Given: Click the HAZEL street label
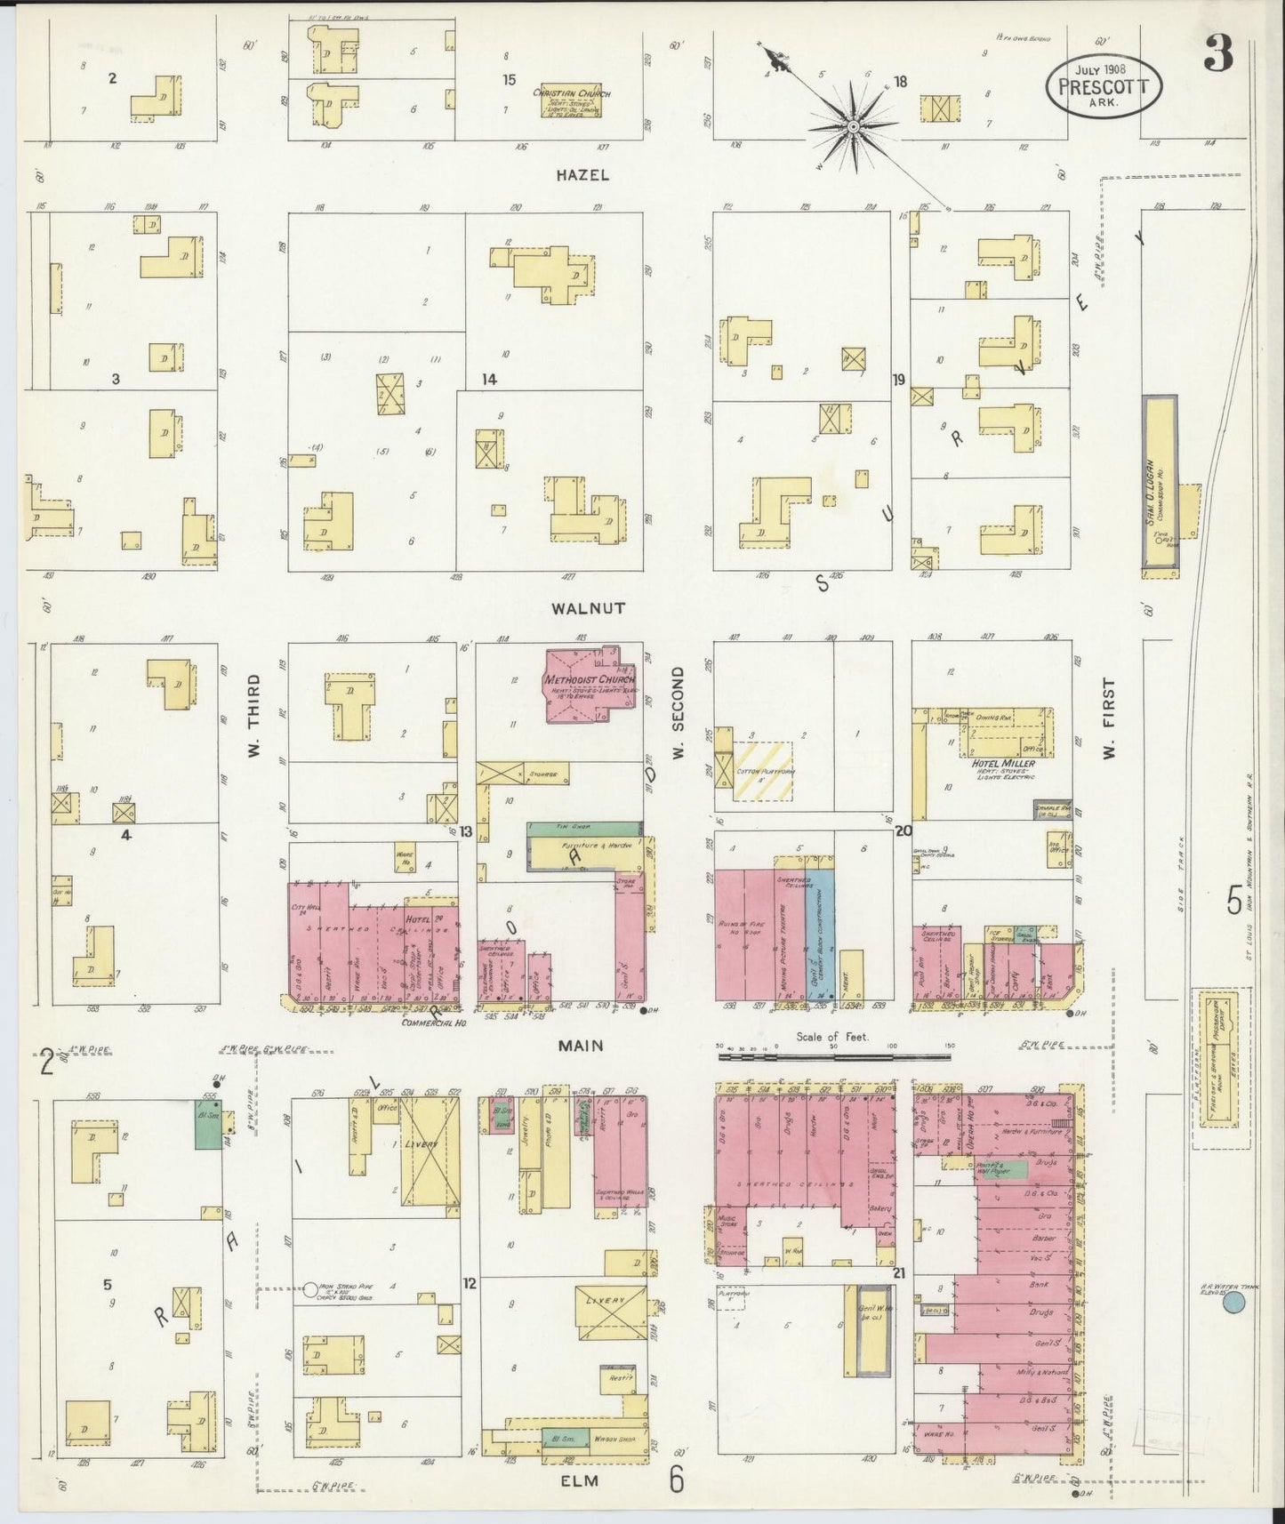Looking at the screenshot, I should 582,175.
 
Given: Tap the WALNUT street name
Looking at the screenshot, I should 588,609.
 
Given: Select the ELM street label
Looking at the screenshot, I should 580,1481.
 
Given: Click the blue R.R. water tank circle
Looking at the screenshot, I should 1233,1303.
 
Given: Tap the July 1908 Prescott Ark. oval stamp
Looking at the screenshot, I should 1104,86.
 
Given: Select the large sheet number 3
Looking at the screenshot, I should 1218,56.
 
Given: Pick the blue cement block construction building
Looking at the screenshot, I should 821,934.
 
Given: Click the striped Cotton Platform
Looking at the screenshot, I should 762,770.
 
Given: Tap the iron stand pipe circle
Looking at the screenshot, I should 311,1290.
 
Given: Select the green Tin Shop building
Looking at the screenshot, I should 585,828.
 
